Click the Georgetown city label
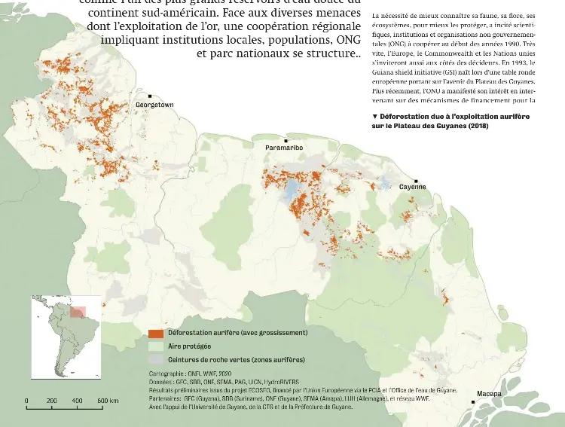pyautogui.click(x=154, y=105)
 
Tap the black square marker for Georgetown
pyautogui.click(x=150, y=96)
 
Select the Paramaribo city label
pyautogui.click(x=284, y=148)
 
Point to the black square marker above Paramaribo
pyautogui.click(x=286, y=141)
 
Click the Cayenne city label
pyautogui.click(x=412, y=187)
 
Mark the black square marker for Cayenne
pyautogui.click(x=413, y=179)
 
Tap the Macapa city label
pyautogui.click(x=489, y=394)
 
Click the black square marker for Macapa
pyautogui.click(x=472, y=402)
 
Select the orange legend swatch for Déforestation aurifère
pyautogui.click(x=156, y=333)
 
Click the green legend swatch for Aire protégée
pyautogui.click(x=156, y=346)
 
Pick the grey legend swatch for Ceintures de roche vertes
pyautogui.click(x=156, y=360)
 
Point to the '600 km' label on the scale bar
pyautogui.click(x=108, y=401)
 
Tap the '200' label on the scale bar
pyautogui.click(x=52, y=401)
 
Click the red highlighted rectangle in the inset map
pyautogui.click(x=78, y=311)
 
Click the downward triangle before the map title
pyautogui.click(x=375, y=117)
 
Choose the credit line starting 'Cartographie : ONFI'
pyautogui.click(x=189, y=373)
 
